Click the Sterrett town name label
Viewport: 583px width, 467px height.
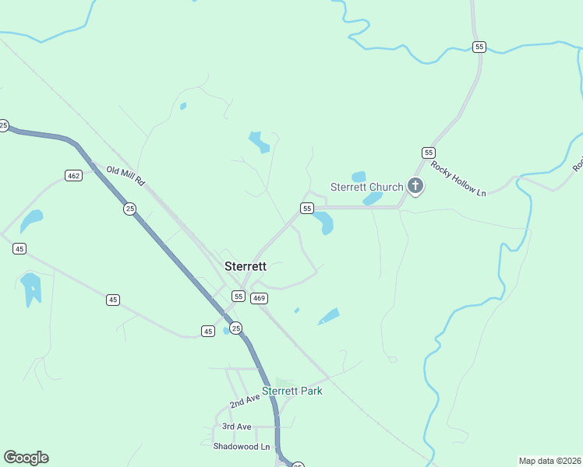click(x=246, y=266)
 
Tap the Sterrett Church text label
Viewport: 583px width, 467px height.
click(x=367, y=187)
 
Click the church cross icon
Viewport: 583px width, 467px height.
click(x=415, y=186)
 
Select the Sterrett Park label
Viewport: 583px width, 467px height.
click(x=292, y=391)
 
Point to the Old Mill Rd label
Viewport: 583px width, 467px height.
click(x=126, y=175)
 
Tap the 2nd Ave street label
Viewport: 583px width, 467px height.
click(x=245, y=401)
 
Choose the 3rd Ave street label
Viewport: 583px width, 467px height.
click(x=237, y=427)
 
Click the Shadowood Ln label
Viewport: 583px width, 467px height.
click(x=242, y=447)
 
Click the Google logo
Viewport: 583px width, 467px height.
click(x=26, y=458)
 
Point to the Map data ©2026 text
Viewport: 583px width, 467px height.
click(x=549, y=461)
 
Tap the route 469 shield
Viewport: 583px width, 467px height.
click(x=260, y=297)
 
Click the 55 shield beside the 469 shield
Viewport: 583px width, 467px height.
click(x=238, y=297)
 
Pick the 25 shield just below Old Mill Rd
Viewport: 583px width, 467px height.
click(x=129, y=209)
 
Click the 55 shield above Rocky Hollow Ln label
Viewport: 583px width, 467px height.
click(x=428, y=152)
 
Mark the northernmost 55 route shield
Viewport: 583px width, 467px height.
click(x=479, y=47)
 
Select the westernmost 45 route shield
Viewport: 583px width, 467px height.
click(x=19, y=248)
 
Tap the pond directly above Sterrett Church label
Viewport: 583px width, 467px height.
click(x=359, y=176)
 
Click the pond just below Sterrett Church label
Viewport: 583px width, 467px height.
click(x=373, y=198)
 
